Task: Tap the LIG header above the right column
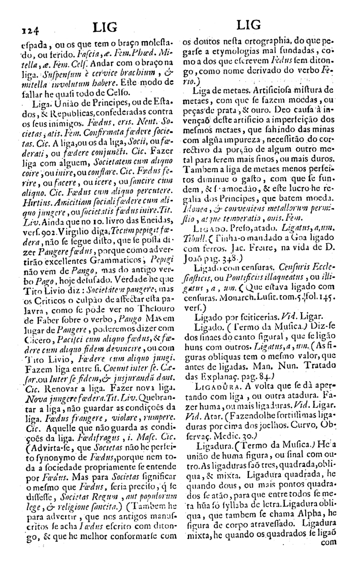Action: [x=249, y=25]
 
